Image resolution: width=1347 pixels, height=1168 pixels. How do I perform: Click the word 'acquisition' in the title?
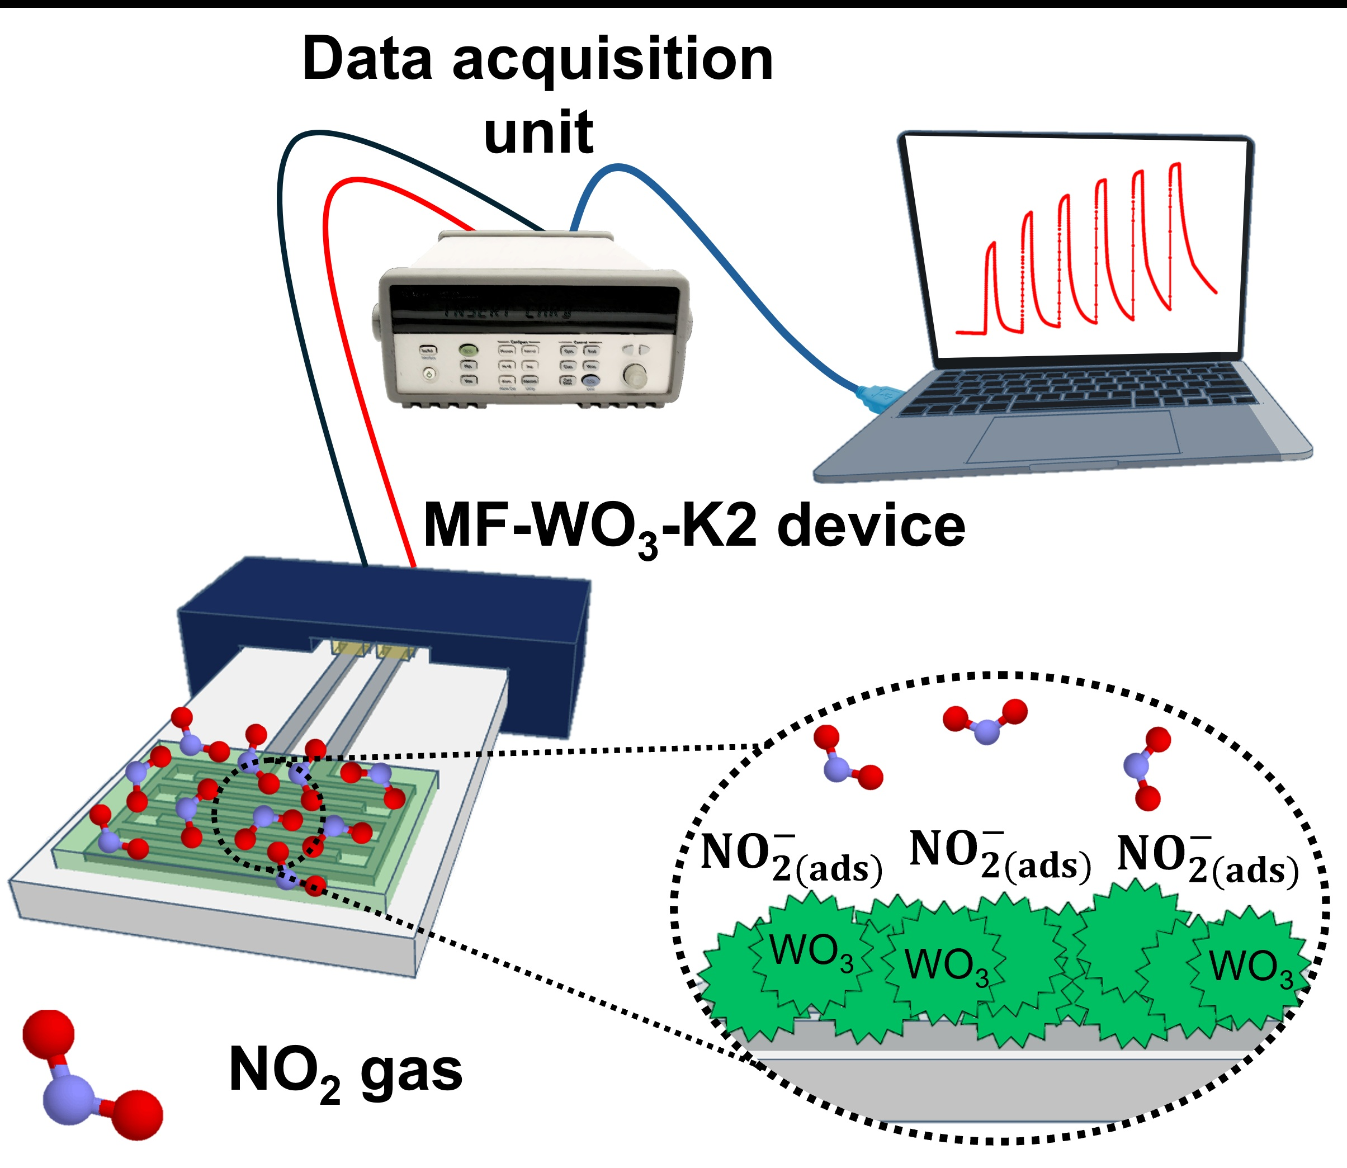[x=613, y=60]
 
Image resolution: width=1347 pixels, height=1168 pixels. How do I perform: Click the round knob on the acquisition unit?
[x=634, y=375]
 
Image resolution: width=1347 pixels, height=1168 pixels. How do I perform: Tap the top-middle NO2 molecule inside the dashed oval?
[x=985, y=720]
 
